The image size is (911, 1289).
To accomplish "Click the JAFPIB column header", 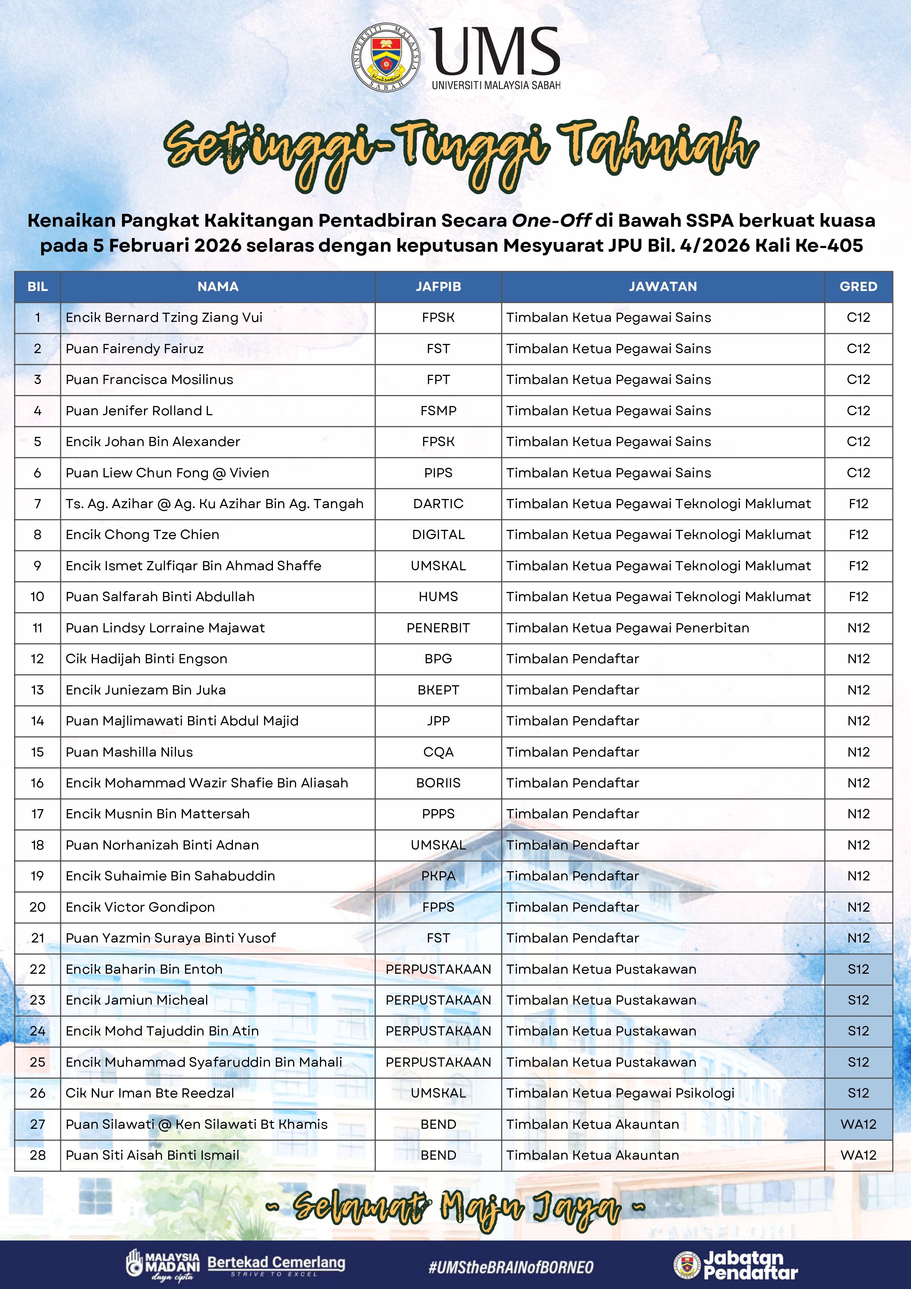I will [x=438, y=286].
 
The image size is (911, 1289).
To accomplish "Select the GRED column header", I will [x=858, y=286].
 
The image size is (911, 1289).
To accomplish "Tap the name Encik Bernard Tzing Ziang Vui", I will [x=164, y=317].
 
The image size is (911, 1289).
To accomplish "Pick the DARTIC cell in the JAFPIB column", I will [x=438, y=504].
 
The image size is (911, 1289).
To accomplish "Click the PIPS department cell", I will [x=438, y=473].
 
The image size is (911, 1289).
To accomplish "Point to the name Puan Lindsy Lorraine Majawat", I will [x=165, y=628].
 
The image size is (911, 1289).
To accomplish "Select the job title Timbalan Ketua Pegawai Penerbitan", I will [x=627, y=628].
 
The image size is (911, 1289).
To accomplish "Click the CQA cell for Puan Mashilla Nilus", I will [x=438, y=752].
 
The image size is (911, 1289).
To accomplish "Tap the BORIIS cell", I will [x=438, y=783].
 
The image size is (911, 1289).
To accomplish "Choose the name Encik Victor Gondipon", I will [x=140, y=907].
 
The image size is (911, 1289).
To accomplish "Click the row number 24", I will [x=37, y=1031].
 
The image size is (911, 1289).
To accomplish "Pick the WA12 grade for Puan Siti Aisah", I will [x=858, y=1155].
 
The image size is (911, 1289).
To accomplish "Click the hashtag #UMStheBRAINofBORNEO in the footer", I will [x=511, y=1267].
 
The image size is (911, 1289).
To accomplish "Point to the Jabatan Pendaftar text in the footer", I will [x=750, y=1265].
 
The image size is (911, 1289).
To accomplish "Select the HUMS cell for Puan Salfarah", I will [x=438, y=597].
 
